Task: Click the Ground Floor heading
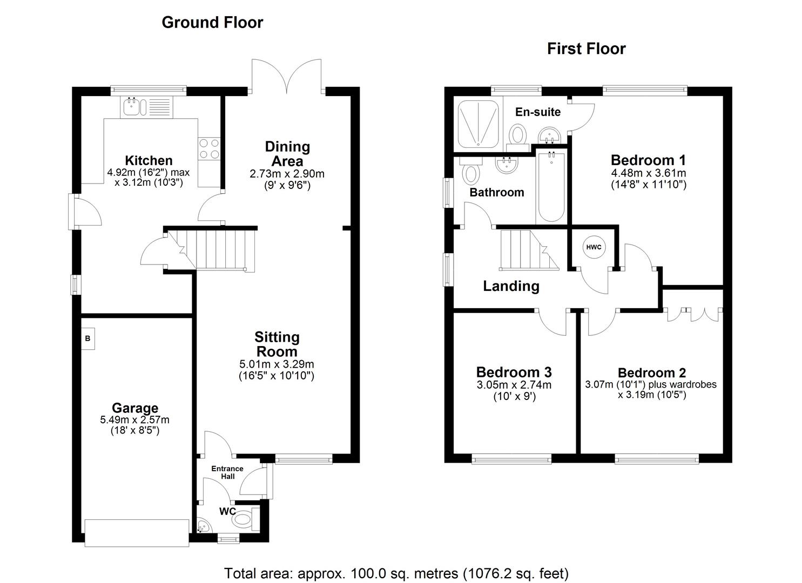coord(212,22)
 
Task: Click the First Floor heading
coord(586,49)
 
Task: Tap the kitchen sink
coord(132,106)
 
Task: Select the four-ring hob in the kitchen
coord(209,148)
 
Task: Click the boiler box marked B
coord(87,339)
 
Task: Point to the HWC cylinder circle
coord(594,247)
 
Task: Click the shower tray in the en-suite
coord(479,124)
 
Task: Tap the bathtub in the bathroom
coord(551,187)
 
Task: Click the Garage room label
coord(135,408)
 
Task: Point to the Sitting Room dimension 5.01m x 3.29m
coord(277,364)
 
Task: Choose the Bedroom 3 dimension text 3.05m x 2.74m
coord(514,385)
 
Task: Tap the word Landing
coord(511,286)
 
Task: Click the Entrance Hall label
coord(227,472)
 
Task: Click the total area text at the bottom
coord(396,573)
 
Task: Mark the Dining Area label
coord(287,154)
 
